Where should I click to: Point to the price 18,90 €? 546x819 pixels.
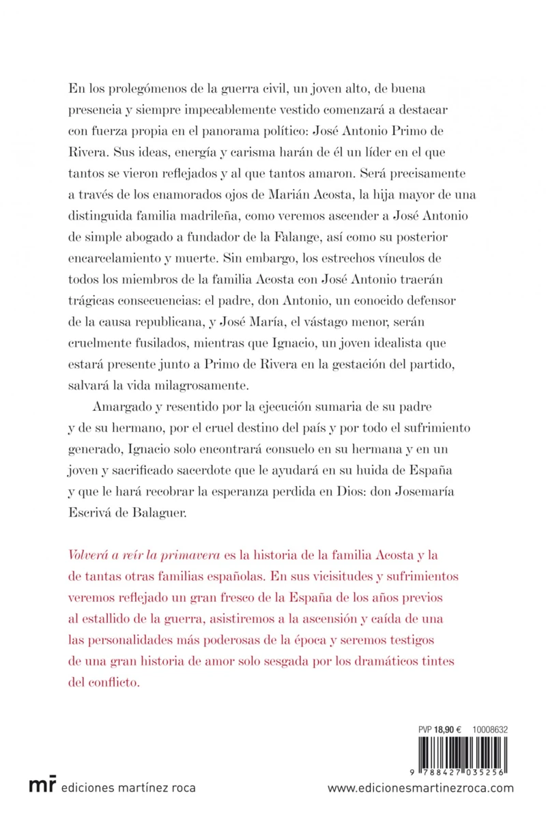(x=441, y=730)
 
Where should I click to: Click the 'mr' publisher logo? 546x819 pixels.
(x=43, y=786)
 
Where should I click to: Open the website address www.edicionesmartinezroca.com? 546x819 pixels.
(x=420, y=788)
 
